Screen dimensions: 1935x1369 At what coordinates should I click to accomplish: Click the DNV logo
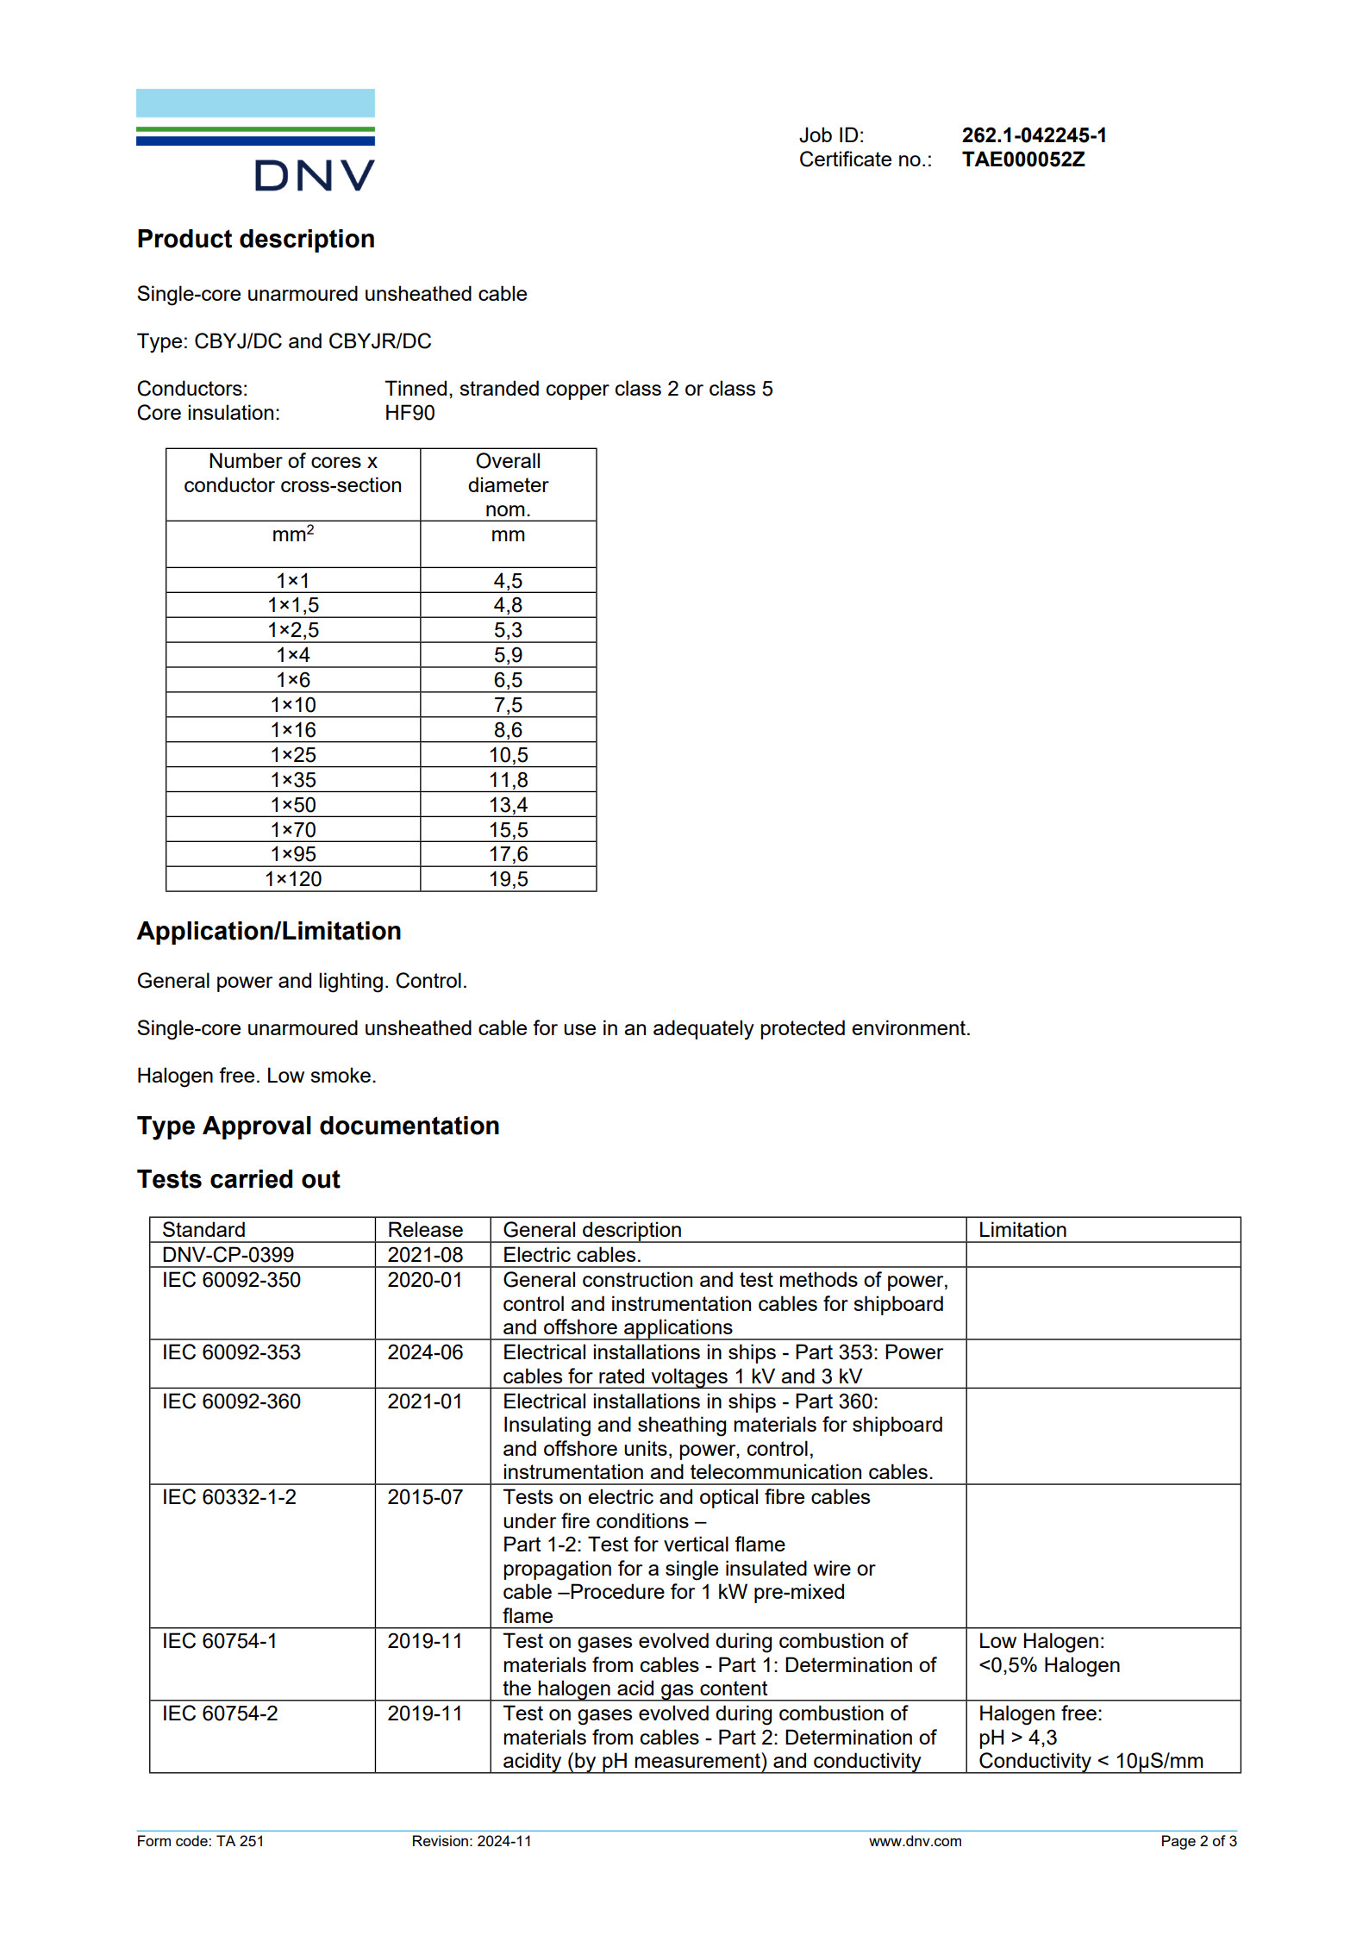[x=255, y=140]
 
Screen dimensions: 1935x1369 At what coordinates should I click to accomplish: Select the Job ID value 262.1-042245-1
[x=1034, y=135]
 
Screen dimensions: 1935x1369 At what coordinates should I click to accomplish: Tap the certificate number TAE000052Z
[x=1022, y=159]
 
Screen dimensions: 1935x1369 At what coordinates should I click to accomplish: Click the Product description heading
[x=255, y=239]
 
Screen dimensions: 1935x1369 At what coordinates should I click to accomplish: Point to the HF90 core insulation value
[x=409, y=413]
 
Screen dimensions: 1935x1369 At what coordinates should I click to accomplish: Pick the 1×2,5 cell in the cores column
[x=293, y=630]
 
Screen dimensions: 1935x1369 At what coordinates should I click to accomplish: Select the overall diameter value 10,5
[x=508, y=755]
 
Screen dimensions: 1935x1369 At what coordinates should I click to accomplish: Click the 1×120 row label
[x=293, y=879]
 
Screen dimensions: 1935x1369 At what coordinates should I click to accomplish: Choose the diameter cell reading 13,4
[x=508, y=805]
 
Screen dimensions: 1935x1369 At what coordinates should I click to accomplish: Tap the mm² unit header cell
[x=293, y=535]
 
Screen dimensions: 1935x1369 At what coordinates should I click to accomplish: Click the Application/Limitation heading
[x=269, y=931]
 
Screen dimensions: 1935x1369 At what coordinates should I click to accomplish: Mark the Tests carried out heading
[x=238, y=1179]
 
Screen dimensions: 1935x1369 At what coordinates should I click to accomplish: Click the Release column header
[x=425, y=1230]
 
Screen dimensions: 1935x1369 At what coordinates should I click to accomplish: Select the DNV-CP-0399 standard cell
[x=228, y=1255]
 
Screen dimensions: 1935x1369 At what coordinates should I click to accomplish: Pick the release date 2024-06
[x=425, y=1352]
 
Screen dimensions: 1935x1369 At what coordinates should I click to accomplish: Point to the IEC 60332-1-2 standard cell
[x=228, y=1497]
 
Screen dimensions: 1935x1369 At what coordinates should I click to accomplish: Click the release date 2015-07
[x=425, y=1497]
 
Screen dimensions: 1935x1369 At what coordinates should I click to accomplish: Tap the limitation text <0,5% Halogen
[x=1048, y=1665]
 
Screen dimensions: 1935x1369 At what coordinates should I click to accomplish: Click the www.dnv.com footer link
[x=915, y=1841]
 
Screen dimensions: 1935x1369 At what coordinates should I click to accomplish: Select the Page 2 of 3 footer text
[x=1197, y=1841]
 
